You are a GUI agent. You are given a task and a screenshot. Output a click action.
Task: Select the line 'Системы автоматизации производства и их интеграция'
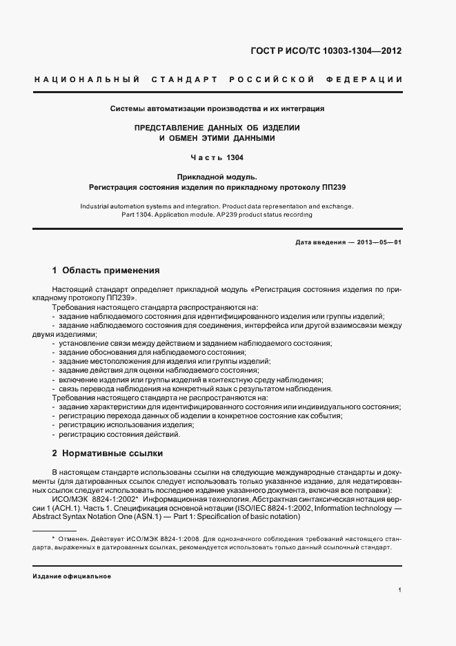click(x=218, y=109)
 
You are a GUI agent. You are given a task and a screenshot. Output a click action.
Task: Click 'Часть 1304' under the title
click(x=218, y=157)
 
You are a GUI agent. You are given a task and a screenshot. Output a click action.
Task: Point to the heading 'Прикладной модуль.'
click(x=218, y=177)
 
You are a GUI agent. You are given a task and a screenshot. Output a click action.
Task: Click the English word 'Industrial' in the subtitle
click(x=96, y=206)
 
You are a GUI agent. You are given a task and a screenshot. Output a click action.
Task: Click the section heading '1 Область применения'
click(x=106, y=271)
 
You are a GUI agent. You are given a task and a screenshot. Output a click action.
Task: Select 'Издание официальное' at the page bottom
click(x=72, y=576)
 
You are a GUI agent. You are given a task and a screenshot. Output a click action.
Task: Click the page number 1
click(x=400, y=590)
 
